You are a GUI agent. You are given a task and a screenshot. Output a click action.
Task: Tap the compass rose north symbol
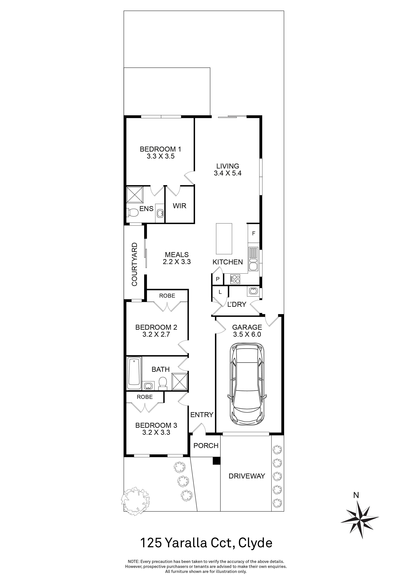(x=360, y=511)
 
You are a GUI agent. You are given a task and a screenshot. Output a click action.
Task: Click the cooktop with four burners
(x=235, y=279)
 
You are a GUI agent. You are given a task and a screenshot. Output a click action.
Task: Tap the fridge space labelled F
(x=253, y=233)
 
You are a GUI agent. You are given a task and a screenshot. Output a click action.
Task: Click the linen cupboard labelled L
(x=220, y=292)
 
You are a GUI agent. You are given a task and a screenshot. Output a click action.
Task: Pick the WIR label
(x=180, y=206)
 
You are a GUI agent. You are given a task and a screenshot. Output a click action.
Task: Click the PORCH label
(x=206, y=446)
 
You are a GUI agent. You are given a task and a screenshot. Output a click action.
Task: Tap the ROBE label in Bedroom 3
(x=145, y=397)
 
